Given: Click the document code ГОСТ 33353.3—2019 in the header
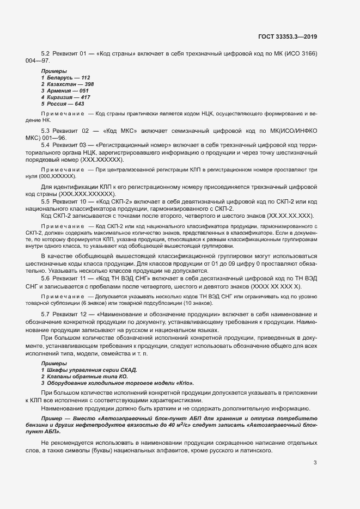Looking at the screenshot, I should point(288,36).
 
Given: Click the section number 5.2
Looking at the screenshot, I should point(46,53).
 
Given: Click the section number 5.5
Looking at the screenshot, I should point(46,202).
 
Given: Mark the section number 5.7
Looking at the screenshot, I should point(46,315).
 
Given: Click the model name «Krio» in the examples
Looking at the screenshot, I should point(184,383).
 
